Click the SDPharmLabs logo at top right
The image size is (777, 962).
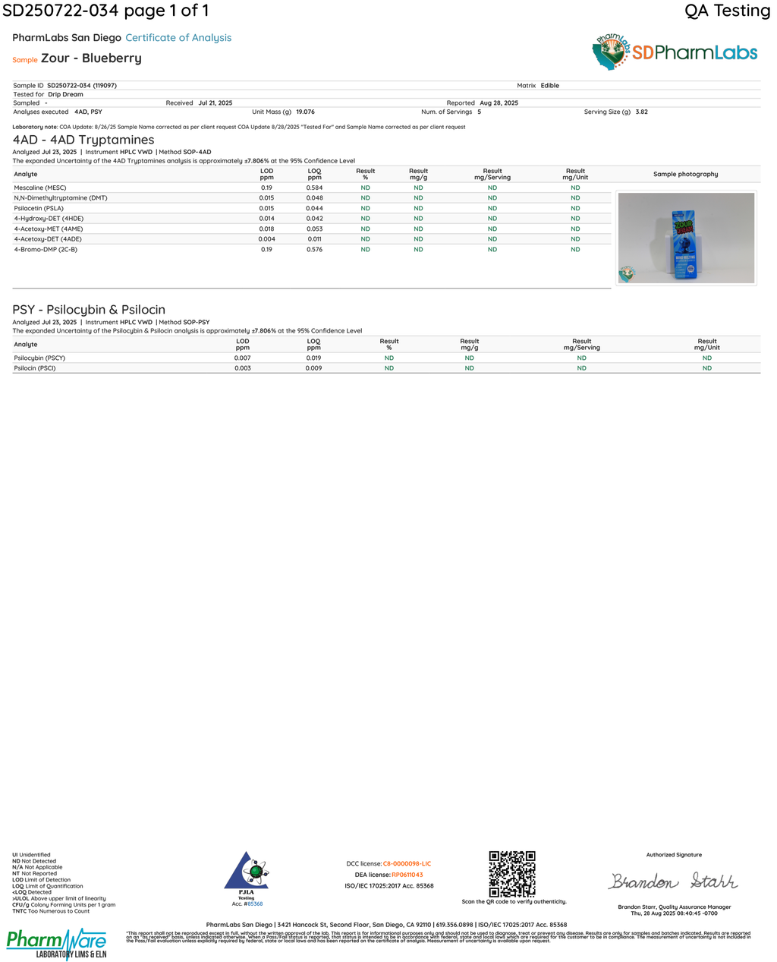[675, 52]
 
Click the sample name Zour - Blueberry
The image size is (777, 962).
[91, 58]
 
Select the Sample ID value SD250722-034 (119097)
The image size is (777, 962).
[82, 86]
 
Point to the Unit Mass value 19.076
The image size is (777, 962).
[305, 112]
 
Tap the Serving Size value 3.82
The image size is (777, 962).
[641, 112]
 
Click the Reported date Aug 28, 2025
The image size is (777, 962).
[499, 103]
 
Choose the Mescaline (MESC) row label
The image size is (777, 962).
[40, 188]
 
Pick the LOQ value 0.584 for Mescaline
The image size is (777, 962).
[314, 188]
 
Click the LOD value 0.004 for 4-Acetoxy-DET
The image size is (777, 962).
[266, 239]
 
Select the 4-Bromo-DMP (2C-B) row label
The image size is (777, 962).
[46, 249]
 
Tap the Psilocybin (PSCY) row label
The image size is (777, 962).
[39, 358]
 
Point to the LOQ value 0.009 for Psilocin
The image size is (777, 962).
[313, 368]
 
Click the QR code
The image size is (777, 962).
[511, 874]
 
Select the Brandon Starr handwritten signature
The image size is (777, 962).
[672, 881]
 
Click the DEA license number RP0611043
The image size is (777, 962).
[407, 875]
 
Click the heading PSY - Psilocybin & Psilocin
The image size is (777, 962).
[89, 310]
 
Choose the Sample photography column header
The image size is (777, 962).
[685, 175]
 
